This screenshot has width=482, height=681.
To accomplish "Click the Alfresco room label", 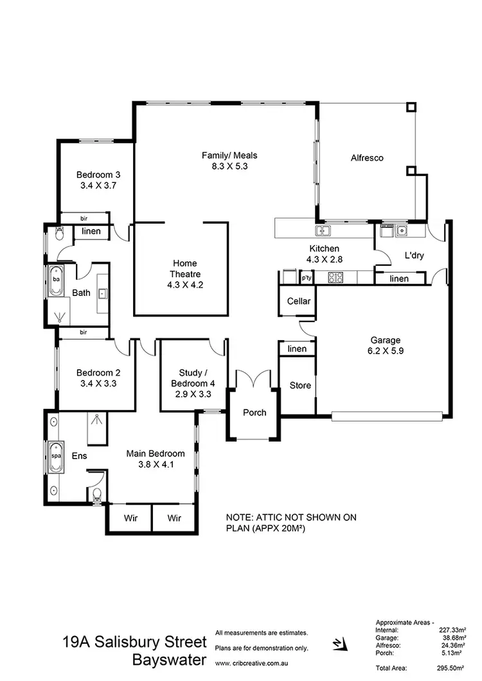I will tap(367, 157).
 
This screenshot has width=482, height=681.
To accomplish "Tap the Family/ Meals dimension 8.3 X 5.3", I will tap(225, 166).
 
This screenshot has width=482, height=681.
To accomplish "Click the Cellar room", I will tap(298, 301).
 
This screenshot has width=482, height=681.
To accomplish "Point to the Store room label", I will tap(299, 385).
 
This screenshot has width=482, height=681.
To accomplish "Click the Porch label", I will tap(254, 412).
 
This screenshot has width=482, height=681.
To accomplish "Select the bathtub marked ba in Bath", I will tap(56, 280).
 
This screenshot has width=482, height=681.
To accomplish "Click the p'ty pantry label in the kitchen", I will tap(307, 278).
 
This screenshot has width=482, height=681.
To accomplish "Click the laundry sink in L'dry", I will tap(402, 230).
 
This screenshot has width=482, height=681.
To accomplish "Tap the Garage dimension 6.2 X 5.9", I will tap(386, 351).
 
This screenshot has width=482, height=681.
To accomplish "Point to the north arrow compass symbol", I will tap(338, 644).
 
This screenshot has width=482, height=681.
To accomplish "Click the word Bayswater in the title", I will tap(170, 660).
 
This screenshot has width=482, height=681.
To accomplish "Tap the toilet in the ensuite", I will tap(96, 494).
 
